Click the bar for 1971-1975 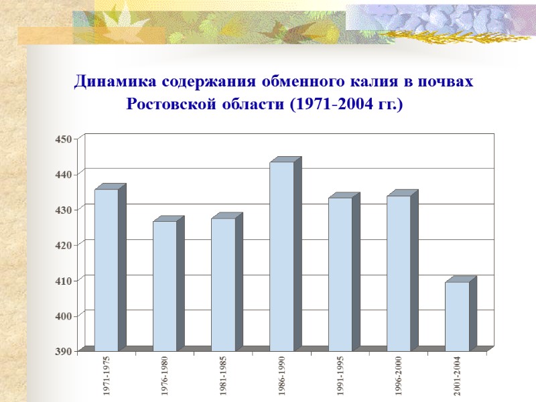106,269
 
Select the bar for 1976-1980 165,285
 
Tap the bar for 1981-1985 223,284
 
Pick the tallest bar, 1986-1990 281,256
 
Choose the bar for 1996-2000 399,273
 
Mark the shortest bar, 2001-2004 457,316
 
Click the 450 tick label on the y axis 63,139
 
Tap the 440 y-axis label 63,174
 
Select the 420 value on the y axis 63,245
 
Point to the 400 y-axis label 63,315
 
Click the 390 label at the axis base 63,350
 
